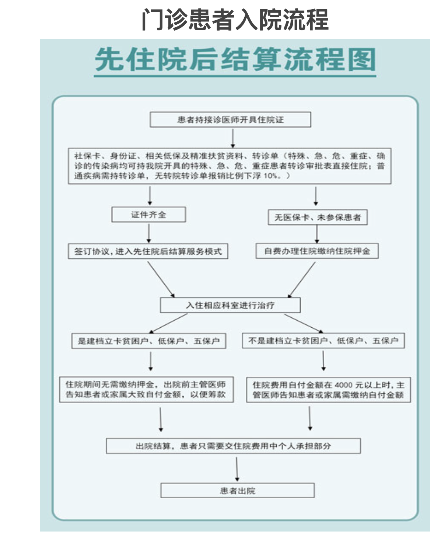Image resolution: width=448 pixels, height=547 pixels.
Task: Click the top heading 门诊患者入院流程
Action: (x=235, y=20)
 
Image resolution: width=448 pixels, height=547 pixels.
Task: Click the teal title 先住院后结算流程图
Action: (x=235, y=59)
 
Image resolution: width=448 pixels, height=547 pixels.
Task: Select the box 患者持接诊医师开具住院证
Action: (x=230, y=119)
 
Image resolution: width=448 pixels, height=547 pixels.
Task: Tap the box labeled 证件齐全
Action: (x=148, y=215)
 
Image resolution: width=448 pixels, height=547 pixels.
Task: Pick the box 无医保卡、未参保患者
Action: (x=318, y=217)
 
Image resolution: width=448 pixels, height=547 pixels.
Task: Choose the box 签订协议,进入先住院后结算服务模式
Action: (x=148, y=251)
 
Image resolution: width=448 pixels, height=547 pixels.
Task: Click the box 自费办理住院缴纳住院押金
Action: (x=317, y=251)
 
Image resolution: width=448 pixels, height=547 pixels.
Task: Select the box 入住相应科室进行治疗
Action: (x=230, y=305)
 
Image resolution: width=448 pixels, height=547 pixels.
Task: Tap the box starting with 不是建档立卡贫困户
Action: (x=323, y=341)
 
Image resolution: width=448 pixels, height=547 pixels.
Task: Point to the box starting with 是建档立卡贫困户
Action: (x=148, y=341)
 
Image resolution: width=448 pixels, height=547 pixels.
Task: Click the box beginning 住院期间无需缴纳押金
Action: (x=147, y=390)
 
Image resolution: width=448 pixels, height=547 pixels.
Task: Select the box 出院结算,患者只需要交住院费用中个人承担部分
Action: (x=233, y=446)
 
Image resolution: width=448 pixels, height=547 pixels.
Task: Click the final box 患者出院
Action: (x=238, y=490)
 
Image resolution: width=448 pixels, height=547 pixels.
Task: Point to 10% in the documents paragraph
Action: (x=270, y=176)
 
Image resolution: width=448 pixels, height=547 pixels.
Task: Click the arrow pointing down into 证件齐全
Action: (x=150, y=195)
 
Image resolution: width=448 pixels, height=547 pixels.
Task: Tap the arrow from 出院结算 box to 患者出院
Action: (x=237, y=469)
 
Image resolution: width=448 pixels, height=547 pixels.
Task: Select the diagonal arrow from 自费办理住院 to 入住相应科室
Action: (x=301, y=280)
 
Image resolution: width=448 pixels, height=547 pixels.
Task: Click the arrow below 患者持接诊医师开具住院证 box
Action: (x=233, y=139)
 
